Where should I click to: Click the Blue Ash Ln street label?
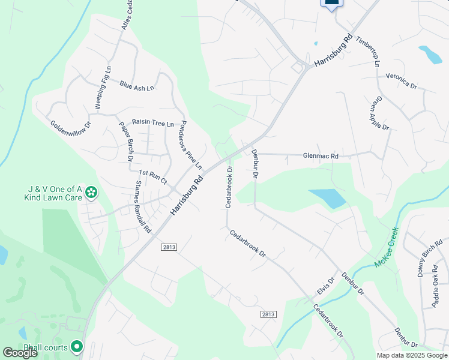[x=137, y=86]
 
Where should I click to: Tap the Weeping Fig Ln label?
[x=101, y=88]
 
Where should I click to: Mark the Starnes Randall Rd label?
[x=143, y=207]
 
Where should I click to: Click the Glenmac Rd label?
[x=321, y=156]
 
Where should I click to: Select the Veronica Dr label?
[x=401, y=81]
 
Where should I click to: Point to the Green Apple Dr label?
[x=381, y=114]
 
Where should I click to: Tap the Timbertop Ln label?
[x=368, y=52]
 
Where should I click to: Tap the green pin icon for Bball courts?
[x=77, y=347]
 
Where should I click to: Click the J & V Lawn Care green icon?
[x=91, y=193]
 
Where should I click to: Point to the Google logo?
[x=20, y=353]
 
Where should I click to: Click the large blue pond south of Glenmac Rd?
[x=327, y=198]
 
